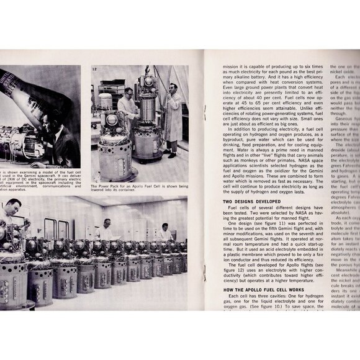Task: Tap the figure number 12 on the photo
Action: coord(95,70)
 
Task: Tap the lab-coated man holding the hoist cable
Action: coord(173,112)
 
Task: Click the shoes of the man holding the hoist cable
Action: coord(172,155)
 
